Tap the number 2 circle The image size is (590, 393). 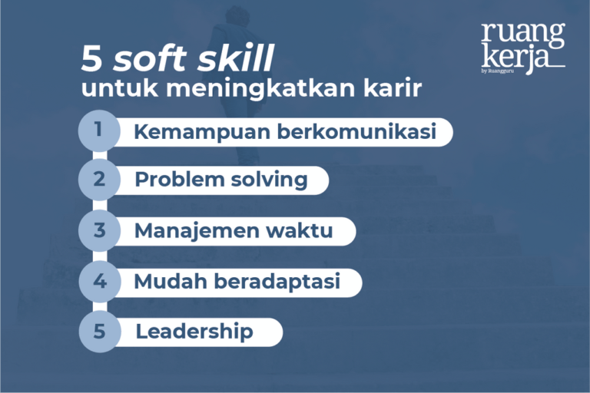click(x=99, y=180)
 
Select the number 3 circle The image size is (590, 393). click(x=99, y=230)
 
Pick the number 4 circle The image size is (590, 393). click(x=99, y=281)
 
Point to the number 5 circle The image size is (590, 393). click(x=99, y=332)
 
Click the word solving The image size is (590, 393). click(x=269, y=181)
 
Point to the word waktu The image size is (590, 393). click(x=304, y=230)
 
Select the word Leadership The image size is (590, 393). click(x=194, y=332)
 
